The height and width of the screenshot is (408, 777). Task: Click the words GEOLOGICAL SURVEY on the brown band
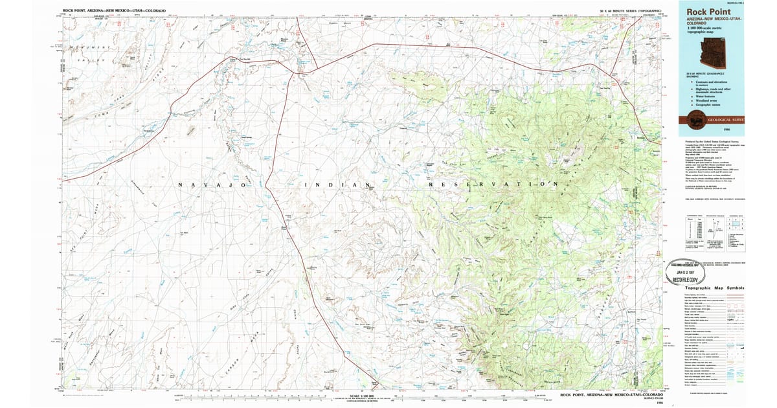(726, 120)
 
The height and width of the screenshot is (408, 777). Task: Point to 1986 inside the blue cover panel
(734, 130)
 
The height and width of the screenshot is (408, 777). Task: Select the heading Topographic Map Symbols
(714, 288)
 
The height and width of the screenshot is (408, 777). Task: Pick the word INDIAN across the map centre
(337, 185)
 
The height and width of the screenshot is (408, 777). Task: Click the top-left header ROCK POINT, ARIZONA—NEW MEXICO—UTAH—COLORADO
(114, 11)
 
